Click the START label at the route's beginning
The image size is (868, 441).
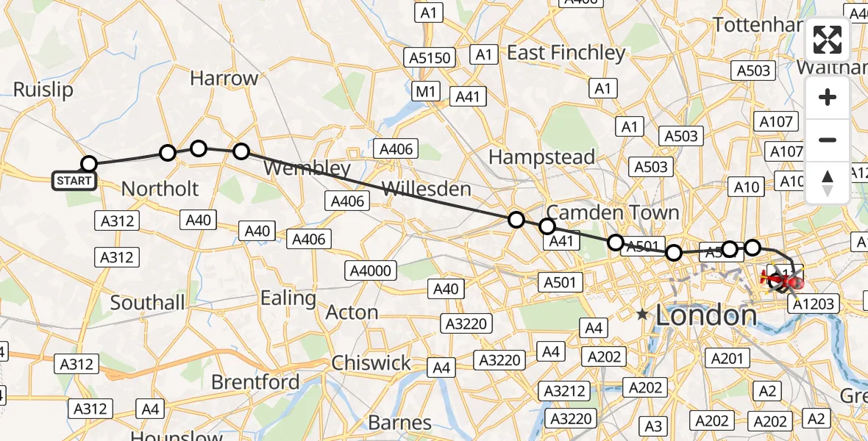(x=74, y=180)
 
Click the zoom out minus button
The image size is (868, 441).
(x=828, y=140)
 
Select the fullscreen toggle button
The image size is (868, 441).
(x=828, y=40)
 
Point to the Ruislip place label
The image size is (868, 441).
(x=43, y=90)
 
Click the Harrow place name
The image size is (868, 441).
(x=224, y=78)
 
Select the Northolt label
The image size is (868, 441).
(x=160, y=189)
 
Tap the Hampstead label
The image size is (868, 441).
(x=541, y=157)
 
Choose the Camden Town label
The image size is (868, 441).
(x=613, y=212)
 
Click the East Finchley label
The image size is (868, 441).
(x=566, y=53)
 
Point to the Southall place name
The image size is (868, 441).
(x=147, y=302)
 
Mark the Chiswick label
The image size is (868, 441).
(x=371, y=363)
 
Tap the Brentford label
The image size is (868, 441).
(x=255, y=382)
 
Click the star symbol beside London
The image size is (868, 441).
(x=642, y=315)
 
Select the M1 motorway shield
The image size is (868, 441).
(x=425, y=91)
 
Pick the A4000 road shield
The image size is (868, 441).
(x=371, y=270)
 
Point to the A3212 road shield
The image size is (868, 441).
(x=565, y=391)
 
